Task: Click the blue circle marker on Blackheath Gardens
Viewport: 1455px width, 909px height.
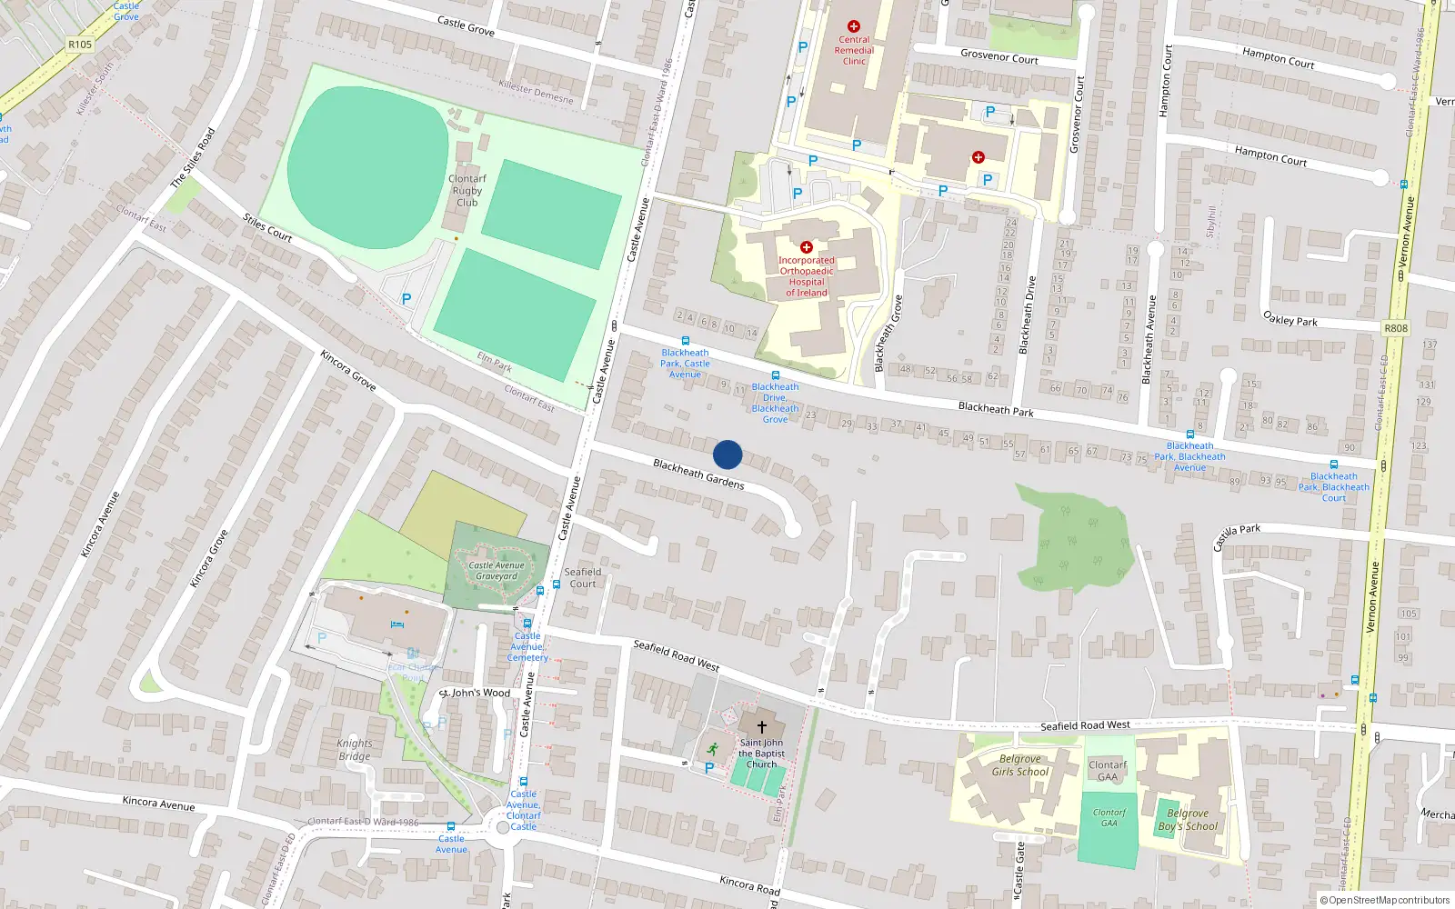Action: pos(727,454)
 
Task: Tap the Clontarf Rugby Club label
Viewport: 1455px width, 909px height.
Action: pos(467,191)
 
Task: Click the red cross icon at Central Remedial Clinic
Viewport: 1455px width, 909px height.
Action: pos(853,26)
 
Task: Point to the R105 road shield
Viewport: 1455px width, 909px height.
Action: pos(80,44)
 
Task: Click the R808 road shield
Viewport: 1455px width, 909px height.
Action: pos(1395,328)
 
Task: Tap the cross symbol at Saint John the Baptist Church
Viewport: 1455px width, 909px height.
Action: pos(761,727)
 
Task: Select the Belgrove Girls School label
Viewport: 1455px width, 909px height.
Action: pos(1019,765)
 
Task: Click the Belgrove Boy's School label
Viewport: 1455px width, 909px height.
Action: pos(1188,820)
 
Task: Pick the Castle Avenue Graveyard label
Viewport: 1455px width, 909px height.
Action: pos(497,571)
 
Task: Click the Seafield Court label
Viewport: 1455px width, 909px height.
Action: pos(583,578)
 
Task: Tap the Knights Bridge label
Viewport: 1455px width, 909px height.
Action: pos(355,750)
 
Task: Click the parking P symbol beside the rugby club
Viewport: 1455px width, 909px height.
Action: pos(406,298)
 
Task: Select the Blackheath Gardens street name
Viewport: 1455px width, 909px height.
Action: pos(698,474)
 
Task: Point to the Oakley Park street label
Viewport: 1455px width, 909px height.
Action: pos(1289,319)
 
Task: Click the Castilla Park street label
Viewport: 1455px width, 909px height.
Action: pos(1236,536)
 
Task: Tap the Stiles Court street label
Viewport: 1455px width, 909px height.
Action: pos(267,227)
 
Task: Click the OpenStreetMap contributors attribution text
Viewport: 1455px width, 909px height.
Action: pos(1388,900)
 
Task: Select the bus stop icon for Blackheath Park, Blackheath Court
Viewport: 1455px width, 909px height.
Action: pos(1333,464)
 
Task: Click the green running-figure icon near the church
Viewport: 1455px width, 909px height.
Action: pos(713,749)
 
